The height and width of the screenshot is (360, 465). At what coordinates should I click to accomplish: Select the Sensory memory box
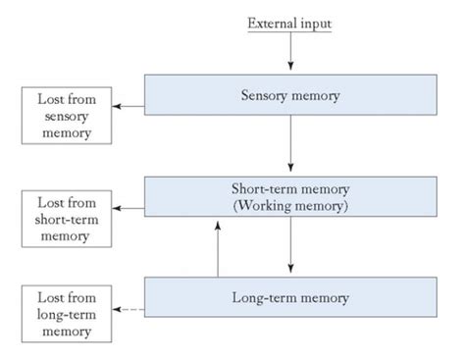[x=290, y=96]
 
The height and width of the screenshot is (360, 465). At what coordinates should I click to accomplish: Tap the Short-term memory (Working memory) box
[x=290, y=196]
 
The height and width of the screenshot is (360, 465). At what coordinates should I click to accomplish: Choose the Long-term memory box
[x=290, y=295]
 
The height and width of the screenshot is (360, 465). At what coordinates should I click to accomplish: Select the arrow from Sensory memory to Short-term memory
[x=291, y=146]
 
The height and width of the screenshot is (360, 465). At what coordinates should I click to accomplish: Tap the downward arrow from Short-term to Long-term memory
[x=291, y=247]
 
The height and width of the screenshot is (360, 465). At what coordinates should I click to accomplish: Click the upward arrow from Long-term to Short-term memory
[x=218, y=247]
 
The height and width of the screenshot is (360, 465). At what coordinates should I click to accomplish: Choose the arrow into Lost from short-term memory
[x=127, y=208]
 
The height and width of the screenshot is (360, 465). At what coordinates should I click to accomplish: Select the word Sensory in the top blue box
[x=267, y=96]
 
